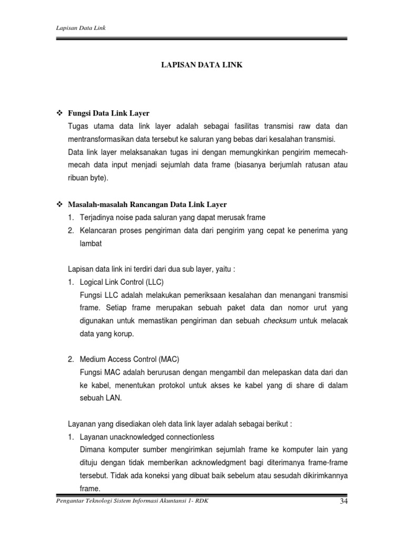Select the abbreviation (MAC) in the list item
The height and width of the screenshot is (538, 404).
coord(168,359)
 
